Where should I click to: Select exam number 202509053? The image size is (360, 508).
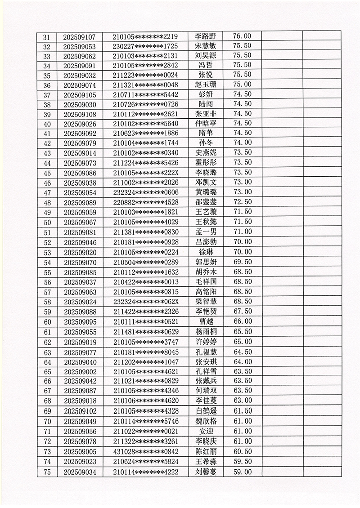click(x=80, y=46)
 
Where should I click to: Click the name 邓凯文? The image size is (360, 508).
click(x=206, y=183)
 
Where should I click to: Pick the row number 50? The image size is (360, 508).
click(x=47, y=222)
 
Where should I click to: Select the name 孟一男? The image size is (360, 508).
click(x=206, y=232)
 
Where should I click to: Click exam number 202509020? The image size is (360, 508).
click(x=80, y=251)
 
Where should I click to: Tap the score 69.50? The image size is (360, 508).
click(x=242, y=261)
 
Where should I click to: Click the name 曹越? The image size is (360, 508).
click(x=206, y=321)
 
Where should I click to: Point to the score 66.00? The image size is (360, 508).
click(x=242, y=321)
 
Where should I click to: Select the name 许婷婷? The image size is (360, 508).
click(x=206, y=342)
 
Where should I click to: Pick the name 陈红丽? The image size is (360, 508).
click(x=206, y=451)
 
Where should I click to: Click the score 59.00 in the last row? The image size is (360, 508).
click(x=242, y=472)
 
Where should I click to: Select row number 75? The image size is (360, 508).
click(x=47, y=472)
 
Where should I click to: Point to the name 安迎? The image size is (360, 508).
click(x=206, y=431)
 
